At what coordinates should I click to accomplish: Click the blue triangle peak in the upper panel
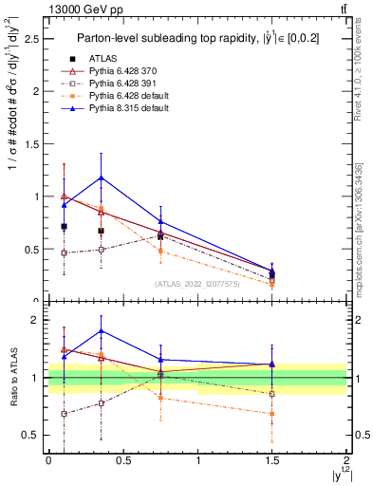(x=101, y=178)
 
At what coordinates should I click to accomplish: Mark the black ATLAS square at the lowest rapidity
(x=64, y=227)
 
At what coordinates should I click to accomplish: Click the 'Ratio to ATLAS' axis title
(x=12, y=380)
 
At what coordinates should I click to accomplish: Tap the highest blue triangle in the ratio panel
(x=101, y=331)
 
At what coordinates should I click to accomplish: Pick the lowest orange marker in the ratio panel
(x=272, y=414)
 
